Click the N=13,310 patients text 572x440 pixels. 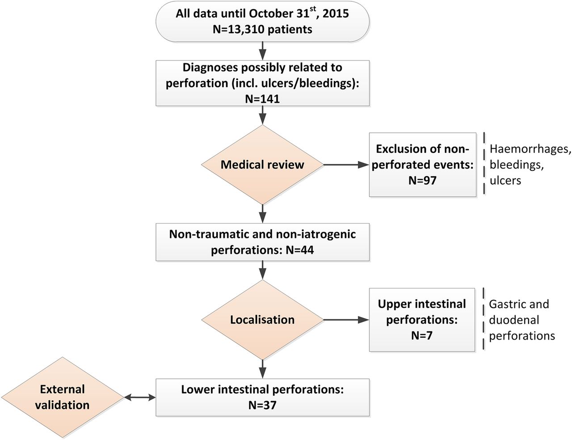(262, 29)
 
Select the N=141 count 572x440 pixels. (262, 99)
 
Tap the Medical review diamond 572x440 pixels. (262, 165)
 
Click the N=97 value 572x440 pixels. (422, 180)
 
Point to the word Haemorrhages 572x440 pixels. (530, 149)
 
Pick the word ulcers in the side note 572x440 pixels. (505, 181)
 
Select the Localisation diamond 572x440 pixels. (262, 320)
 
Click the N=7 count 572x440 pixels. (422, 335)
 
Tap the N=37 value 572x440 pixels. (262, 405)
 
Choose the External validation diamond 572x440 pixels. (63, 398)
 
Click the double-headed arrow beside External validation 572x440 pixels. (140, 398)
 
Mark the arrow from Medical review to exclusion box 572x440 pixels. (346, 165)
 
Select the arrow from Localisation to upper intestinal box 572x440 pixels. (346, 320)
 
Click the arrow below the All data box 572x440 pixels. (262, 51)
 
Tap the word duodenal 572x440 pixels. (514, 320)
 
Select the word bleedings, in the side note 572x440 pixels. (517, 165)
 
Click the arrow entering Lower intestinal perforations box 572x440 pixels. (262, 369)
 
